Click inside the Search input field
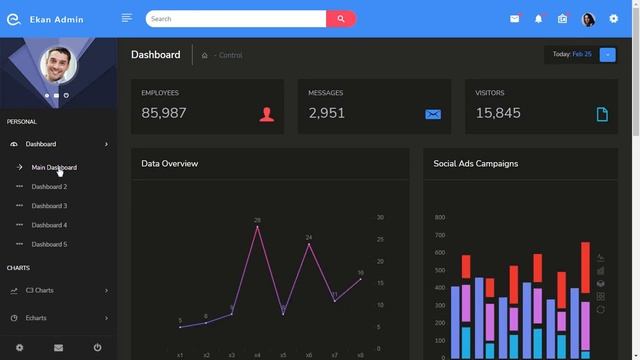236,18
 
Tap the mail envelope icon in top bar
515,18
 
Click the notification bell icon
539,18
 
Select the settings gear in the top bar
614,18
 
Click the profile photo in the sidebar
58,65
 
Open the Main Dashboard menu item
54,167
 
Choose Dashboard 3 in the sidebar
49,206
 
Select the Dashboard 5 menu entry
49,244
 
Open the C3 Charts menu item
40,290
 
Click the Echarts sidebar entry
36,318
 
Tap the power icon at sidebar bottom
97,347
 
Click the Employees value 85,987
164,113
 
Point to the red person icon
266,114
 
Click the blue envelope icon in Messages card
433,114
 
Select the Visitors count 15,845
498,113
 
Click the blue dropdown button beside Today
608,54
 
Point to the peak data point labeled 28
257,227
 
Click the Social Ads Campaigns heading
476,163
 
